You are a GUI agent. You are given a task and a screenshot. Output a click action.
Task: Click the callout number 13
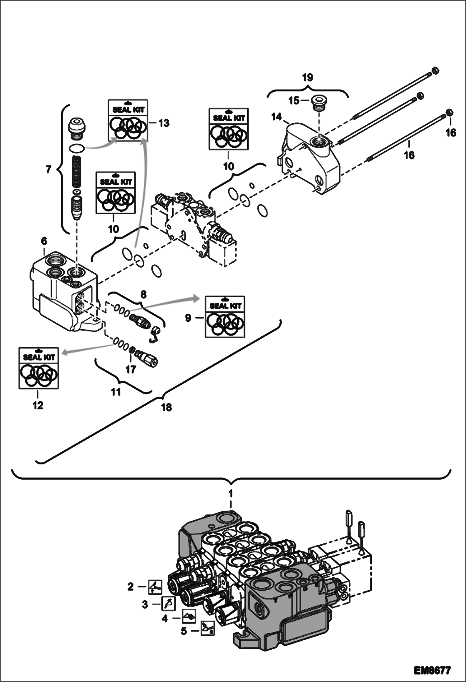coord(164,123)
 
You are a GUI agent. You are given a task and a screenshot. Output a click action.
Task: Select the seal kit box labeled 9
coord(225,316)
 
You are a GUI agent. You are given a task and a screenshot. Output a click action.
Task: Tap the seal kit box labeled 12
coord(39,368)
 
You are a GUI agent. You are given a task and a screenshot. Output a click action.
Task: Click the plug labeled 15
coord(319,104)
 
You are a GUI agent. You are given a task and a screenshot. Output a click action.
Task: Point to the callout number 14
coord(277,117)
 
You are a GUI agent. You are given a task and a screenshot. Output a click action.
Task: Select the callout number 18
coord(166,407)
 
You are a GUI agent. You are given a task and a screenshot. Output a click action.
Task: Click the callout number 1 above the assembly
coord(231,493)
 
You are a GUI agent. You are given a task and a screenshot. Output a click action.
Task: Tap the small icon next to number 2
coord(155,587)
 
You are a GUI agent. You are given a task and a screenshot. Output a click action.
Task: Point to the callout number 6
coord(44,241)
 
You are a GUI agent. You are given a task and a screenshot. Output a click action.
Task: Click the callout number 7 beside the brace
coord(48,170)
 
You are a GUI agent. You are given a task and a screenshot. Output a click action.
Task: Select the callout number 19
coord(307,77)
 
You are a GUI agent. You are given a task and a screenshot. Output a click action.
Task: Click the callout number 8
coord(143,294)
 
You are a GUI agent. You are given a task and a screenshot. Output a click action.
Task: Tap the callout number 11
coord(116,392)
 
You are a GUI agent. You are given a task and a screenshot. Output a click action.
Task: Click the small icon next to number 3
coord(168,603)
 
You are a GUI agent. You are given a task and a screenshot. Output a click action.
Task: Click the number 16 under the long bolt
coord(409,155)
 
